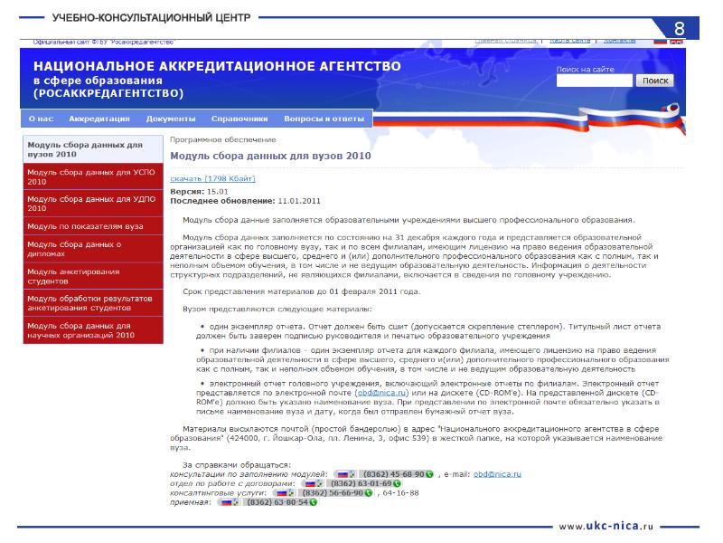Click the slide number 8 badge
[680, 26]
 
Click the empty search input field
[594, 81]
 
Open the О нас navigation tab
[41, 119]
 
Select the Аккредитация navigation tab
[99, 119]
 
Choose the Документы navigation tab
[171, 119]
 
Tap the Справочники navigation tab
[239, 119]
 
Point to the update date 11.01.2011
[300, 200]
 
